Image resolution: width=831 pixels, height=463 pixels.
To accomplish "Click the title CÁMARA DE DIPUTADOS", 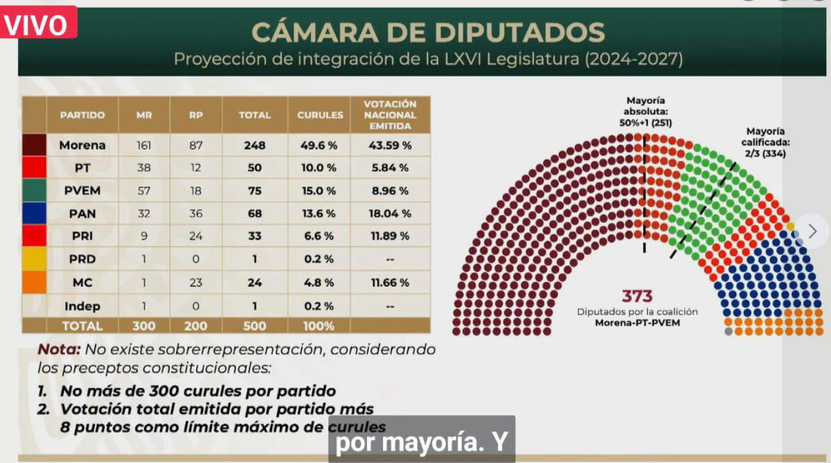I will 428,33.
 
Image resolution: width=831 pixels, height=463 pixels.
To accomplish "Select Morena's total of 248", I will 255,145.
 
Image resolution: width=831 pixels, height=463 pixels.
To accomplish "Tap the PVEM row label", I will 82,191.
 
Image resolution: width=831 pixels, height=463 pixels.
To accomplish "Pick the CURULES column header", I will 319,115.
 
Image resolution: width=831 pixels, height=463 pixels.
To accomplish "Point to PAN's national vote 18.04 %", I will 390,214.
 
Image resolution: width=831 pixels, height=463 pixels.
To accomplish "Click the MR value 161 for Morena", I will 144,145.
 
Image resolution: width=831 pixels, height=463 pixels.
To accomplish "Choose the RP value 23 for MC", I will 196,282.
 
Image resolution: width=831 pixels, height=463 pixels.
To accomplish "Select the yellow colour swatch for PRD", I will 34,259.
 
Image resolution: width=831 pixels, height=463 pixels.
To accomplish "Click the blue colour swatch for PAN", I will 34,214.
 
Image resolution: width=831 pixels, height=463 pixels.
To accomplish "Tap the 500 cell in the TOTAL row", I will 255,326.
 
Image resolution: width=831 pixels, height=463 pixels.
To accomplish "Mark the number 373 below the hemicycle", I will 638,296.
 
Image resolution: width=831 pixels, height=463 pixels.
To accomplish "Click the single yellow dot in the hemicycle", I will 790,226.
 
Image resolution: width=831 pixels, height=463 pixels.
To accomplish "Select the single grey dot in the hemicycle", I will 729,332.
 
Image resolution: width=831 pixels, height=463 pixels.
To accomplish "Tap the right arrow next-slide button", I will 812,231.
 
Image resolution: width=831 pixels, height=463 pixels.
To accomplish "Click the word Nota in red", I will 59,349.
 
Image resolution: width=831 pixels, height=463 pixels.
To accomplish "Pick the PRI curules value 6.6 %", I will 319,237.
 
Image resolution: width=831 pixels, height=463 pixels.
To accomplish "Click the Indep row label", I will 82,306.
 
